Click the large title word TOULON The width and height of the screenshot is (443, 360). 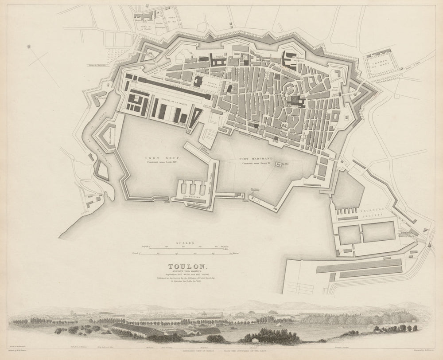click(180, 266)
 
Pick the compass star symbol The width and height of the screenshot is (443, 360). click(29, 45)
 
